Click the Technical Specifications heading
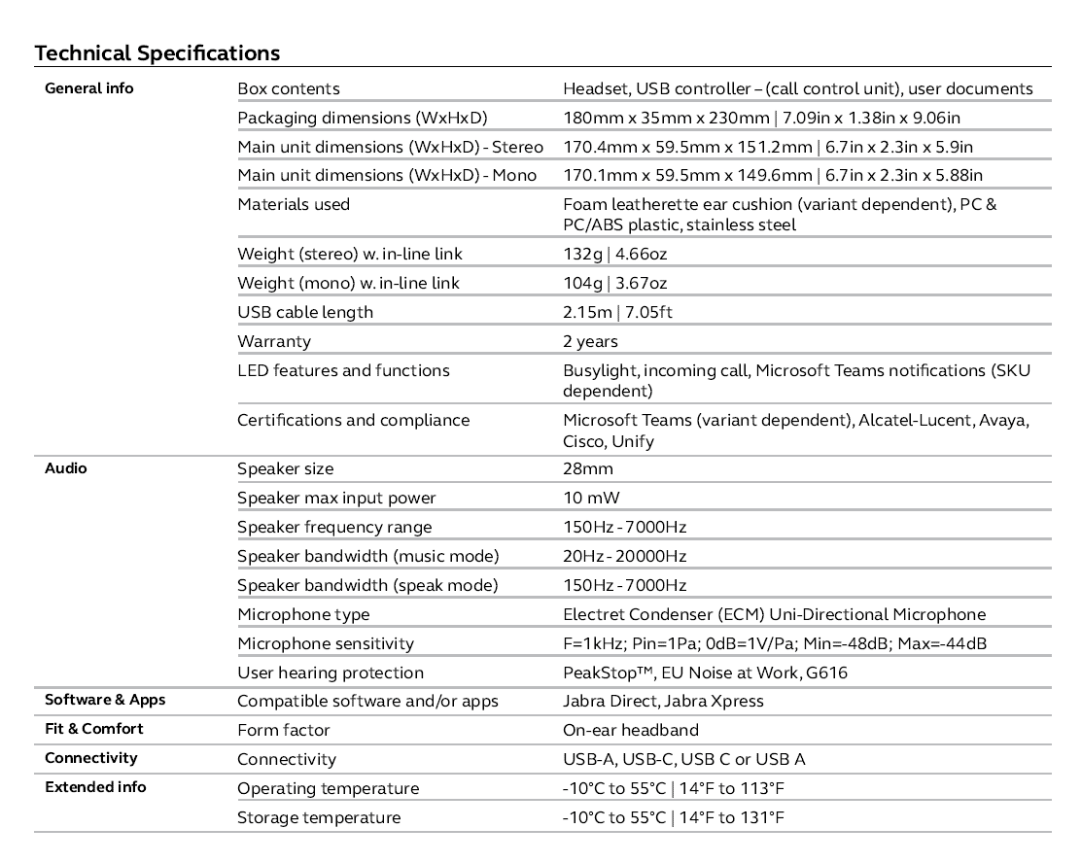(x=157, y=52)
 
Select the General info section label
(x=89, y=88)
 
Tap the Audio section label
(x=66, y=468)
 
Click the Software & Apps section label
(x=105, y=700)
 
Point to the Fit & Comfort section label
(x=94, y=729)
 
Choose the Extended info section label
(x=95, y=787)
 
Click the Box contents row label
(x=289, y=88)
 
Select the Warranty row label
(x=274, y=341)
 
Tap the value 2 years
(x=590, y=341)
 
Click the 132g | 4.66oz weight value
(x=614, y=254)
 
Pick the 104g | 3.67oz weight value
(x=614, y=283)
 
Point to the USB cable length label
(x=305, y=312)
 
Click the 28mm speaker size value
(x=588, y=468)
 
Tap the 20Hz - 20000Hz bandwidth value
(x=624, y=556)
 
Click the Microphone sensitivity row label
(x=326, y=643)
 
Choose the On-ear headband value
(x=630, y=730)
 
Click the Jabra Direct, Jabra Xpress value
(x=663, y=701)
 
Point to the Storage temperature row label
(x=319, y=817)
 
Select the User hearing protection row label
(x=331, y=673)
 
